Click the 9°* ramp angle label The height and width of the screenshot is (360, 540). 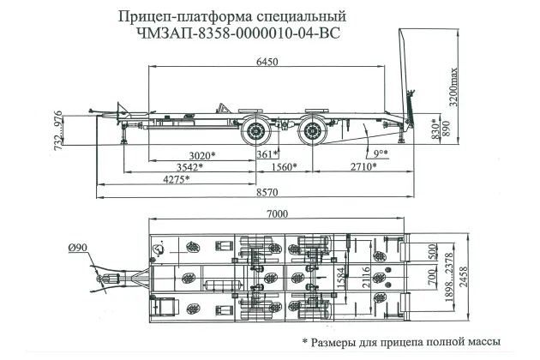point(381,153)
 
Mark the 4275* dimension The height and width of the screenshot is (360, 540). point(174,179)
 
